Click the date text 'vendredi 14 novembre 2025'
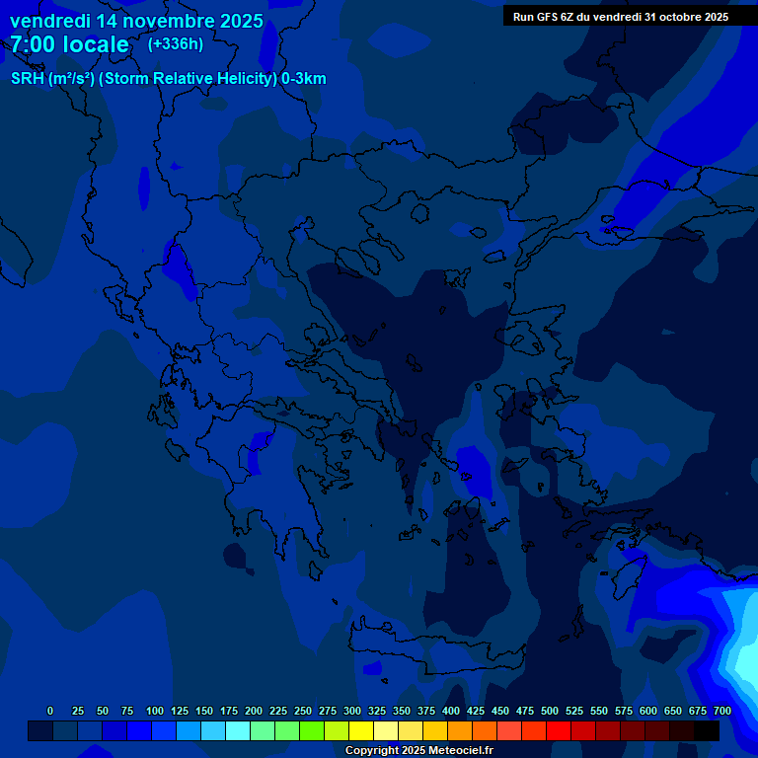[x=136, y=21]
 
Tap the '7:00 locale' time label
[x=69, y=44]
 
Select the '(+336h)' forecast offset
[x=175, y=43]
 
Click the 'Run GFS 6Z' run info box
[x=621, y=17]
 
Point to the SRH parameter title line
[x=168, y=79]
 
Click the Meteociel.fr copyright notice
[x=418, y=750]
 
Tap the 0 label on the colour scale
[x=50, y=711]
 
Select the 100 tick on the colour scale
[x=155, y=711]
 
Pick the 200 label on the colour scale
[x=254, y=711]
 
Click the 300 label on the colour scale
[x=352, y=711]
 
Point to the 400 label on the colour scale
[x=451, y=711]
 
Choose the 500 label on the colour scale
[x=550, y=711]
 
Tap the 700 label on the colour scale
[x=722, y=711]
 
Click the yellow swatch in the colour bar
[x=361, y=730]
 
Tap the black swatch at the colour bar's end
[x=707, y=730]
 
